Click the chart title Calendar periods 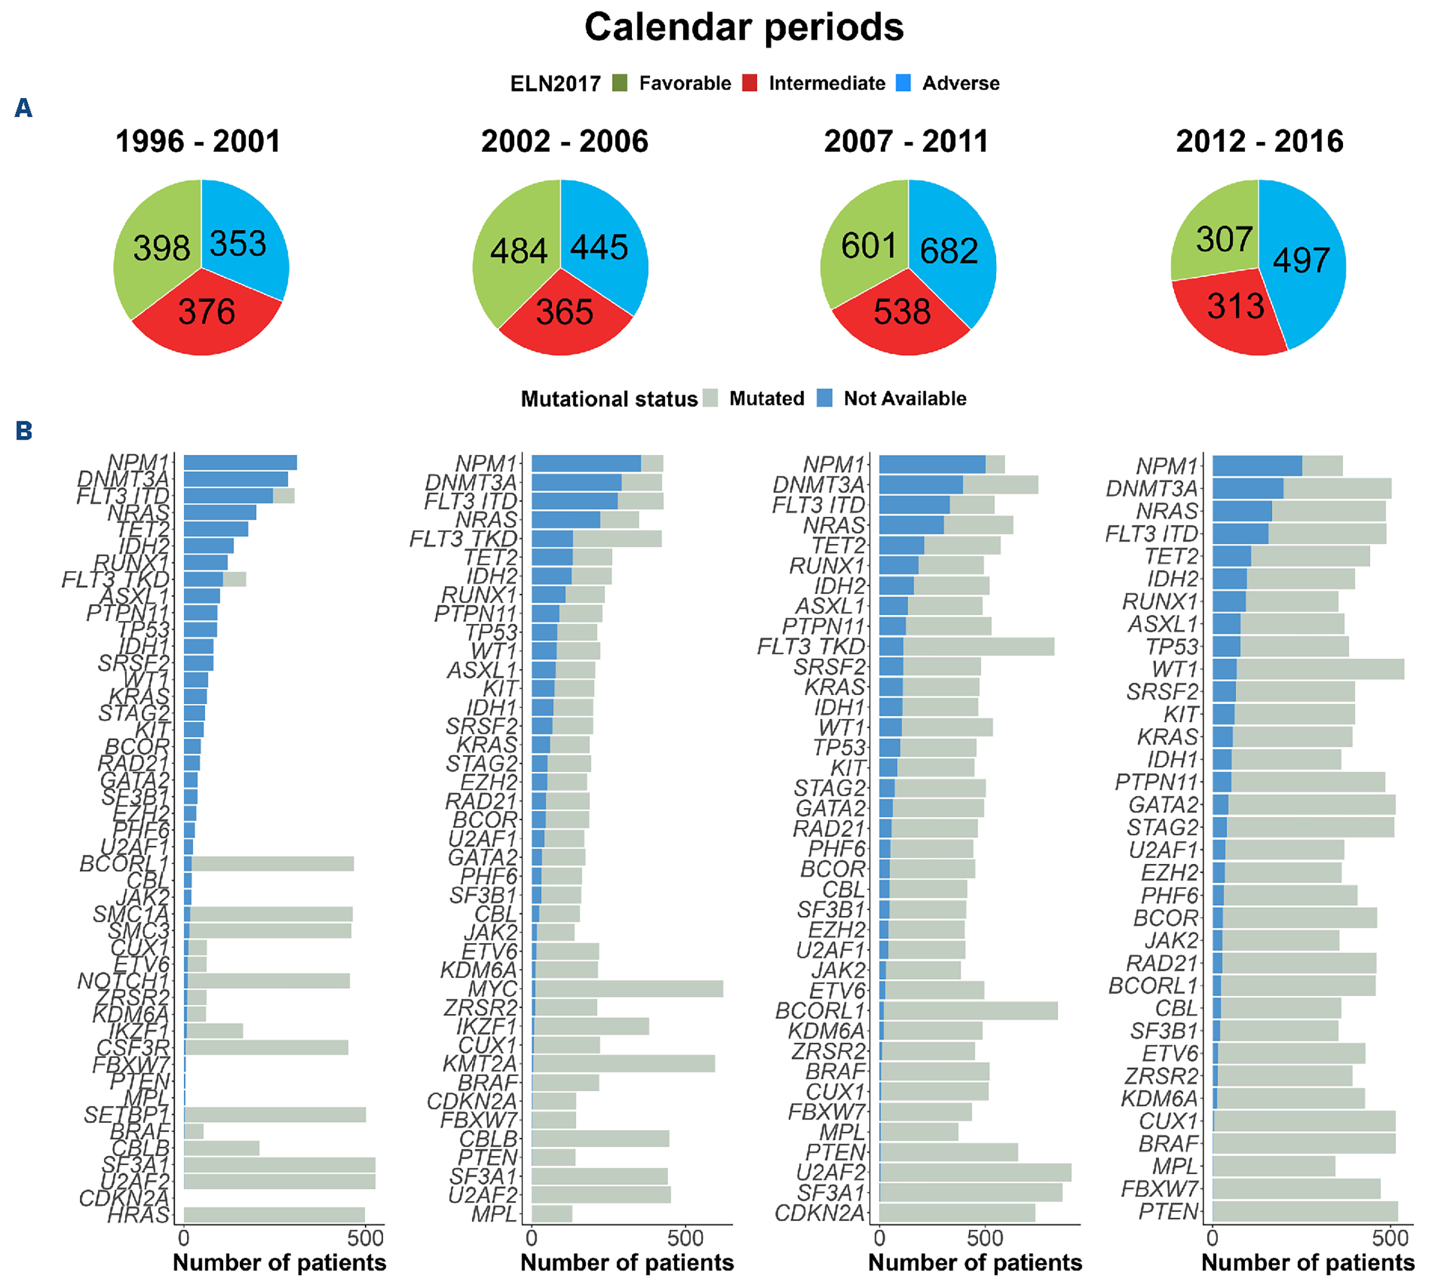[744, 28]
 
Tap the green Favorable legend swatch [620, 83]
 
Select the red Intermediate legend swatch [750, 83]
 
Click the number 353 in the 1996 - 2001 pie [238, 244]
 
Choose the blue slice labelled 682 [948, 251]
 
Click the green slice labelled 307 [1224, 239]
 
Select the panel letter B [24, 430]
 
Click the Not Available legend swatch [825, 398]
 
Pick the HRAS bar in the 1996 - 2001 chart [274, 1214]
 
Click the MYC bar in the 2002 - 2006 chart [626, 988]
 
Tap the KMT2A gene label [479, 1063]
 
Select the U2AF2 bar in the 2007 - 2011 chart [975, 1172]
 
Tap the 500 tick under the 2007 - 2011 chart [984, 1238]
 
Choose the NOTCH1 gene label [123, 980]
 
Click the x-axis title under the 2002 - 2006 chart [626, 1262]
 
